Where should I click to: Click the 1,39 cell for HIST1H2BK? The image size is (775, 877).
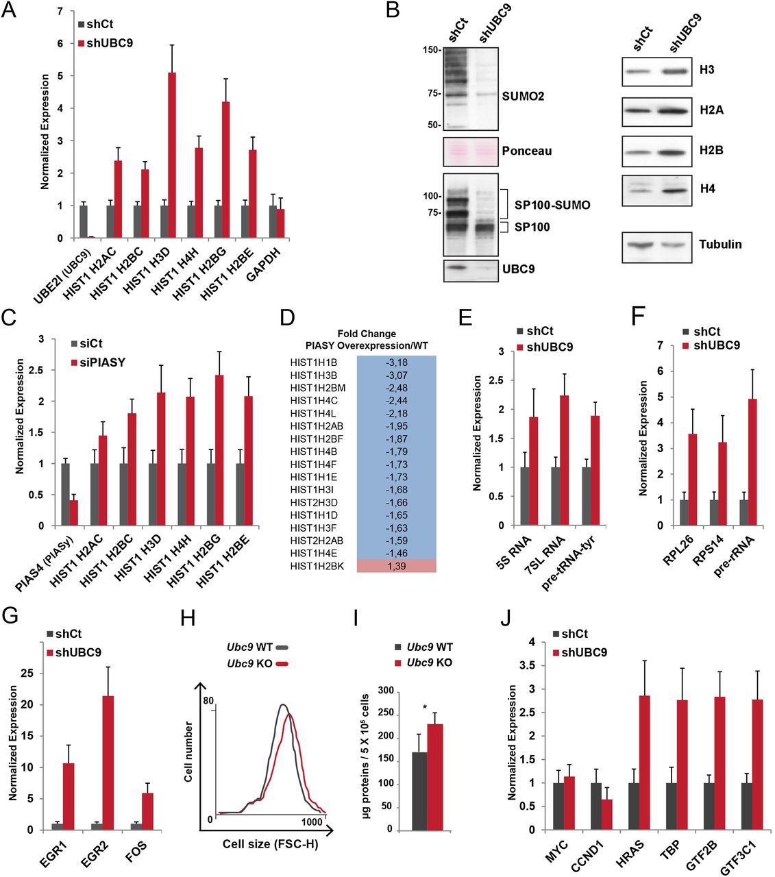tap(396, 565)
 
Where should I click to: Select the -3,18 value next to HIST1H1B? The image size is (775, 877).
tap(396, 361)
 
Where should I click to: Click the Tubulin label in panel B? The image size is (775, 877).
tap(719, 244)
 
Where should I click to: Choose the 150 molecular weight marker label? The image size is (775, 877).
tap(430, 50)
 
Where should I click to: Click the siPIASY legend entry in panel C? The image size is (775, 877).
tap(99, 362)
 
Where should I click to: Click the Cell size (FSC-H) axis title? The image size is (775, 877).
tap(271, 843)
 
